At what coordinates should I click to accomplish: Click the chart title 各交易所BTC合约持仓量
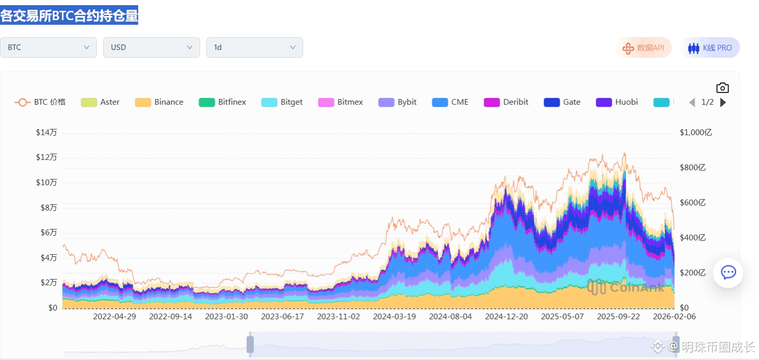[69, 15]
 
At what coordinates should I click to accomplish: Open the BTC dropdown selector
[48, 47]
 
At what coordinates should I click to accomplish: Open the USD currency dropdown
[152, 47]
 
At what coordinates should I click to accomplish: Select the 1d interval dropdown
[255, 47]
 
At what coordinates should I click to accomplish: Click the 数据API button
[643, 48]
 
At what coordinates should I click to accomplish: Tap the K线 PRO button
[710, 48]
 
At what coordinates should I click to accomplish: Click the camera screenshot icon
[722, 88]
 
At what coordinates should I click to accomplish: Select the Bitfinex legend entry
[223, 102]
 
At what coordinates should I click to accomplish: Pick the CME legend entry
[450, 102]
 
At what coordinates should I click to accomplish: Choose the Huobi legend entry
[617, 102]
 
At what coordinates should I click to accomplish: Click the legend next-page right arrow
[723, 102]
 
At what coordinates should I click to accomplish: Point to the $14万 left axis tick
[46, 133]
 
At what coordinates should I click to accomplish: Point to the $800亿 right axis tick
[693, 168]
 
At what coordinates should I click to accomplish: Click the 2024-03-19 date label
[394, 317]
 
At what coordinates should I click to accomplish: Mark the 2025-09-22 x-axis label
[618, 317]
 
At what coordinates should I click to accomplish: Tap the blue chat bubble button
[728, 272]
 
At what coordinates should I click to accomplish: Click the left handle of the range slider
[250, 344]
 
